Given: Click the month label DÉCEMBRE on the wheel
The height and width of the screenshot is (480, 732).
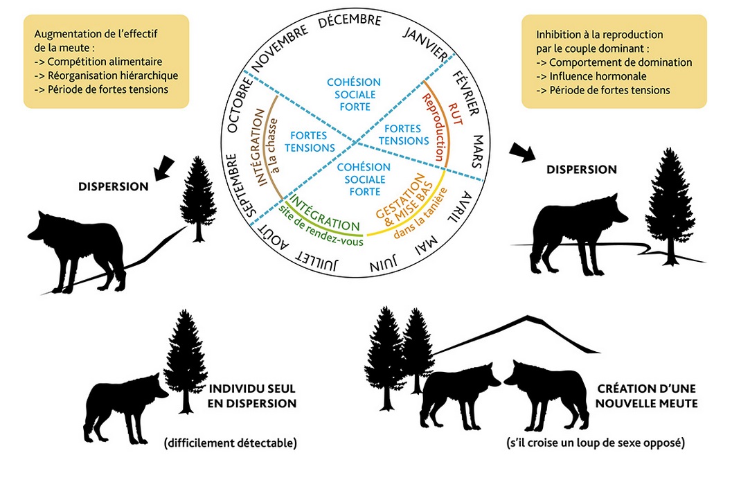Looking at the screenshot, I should click(x=350, y=21).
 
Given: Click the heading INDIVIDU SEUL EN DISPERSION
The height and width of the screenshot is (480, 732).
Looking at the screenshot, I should click(x=252, y=396).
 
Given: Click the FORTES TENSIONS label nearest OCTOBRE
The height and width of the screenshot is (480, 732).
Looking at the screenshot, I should click(x=309, y=141).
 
